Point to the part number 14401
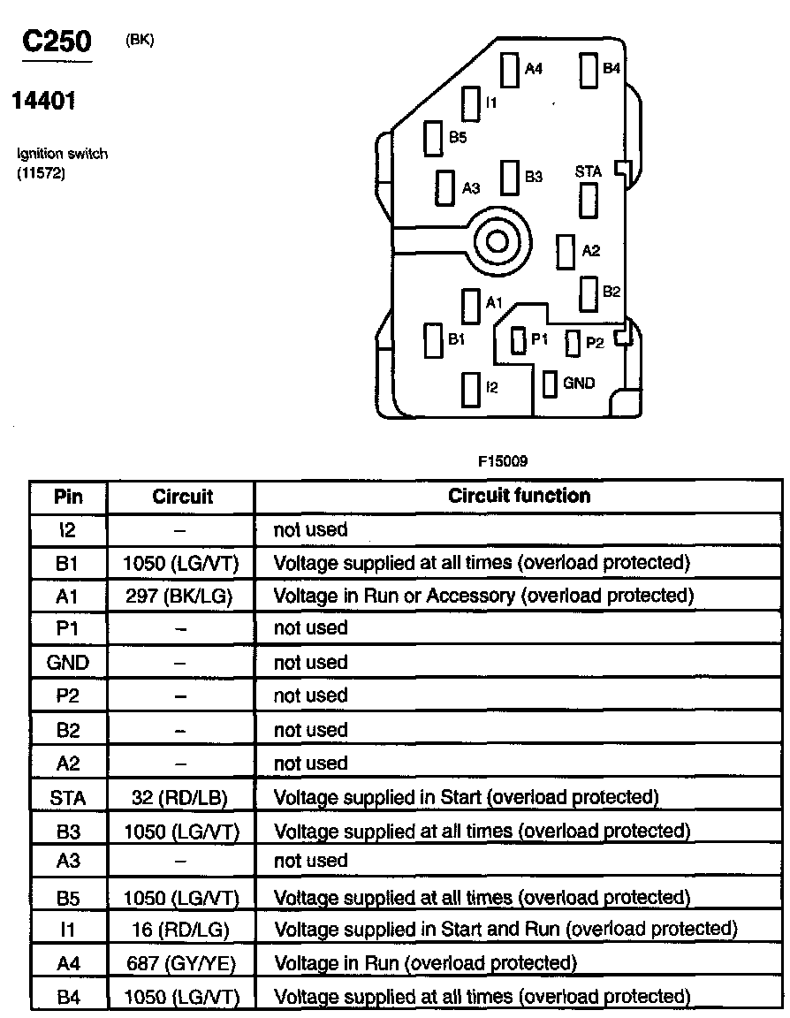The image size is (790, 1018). [x=42, y=101]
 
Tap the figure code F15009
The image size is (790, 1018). [x=504, y=460]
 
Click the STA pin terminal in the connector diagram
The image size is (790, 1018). [x=589, y=201]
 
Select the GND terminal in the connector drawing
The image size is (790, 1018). [x=550, y=384]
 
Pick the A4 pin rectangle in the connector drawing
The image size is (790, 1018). [x=511, y=69]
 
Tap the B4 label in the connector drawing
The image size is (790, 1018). [x=611, y=68]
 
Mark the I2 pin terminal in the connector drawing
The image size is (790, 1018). [x=470, y=388]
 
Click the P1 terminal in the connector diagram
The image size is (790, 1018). [x=519, y=340]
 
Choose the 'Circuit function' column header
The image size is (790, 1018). [x=519, y=496]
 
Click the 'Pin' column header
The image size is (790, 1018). [x=68, y=496]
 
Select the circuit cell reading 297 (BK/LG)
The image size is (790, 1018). [x=181, y=596]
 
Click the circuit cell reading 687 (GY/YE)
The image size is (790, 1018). [x=181, y=962]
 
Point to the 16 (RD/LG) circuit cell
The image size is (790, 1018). [x=181, y=930]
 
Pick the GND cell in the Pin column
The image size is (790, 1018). [x=68, y=662]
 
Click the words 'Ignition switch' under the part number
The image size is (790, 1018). [x=63, y=154]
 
